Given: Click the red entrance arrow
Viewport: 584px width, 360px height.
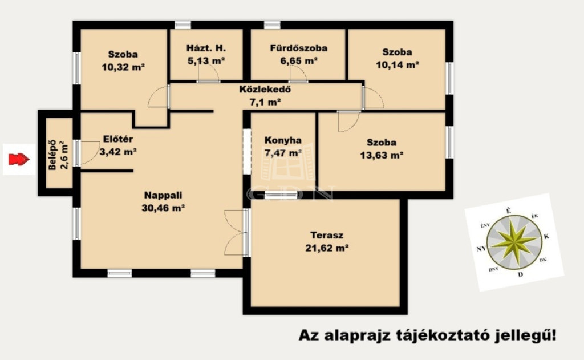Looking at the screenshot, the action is [19, 160].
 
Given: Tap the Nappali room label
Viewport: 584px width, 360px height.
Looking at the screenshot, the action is [163, 195].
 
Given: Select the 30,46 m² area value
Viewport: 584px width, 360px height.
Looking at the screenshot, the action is [163, 208].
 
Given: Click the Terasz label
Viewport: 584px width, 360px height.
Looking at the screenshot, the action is [327, 236].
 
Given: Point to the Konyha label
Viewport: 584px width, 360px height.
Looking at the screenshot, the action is [283, 140].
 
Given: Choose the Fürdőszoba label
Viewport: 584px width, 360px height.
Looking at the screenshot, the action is [299, 48].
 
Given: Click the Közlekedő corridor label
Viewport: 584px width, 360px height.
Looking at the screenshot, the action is [265, 90].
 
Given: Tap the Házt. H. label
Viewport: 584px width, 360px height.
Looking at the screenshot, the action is [206, 48].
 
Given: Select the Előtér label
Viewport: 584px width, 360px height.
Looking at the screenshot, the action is [118, 139].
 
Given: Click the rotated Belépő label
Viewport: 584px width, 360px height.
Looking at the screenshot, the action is [52, 155].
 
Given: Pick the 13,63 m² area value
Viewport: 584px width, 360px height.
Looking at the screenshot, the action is [382, 155].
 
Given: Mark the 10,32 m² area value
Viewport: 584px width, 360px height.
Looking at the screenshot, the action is [123, 67].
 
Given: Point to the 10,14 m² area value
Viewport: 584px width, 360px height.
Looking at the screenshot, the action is [398, 65].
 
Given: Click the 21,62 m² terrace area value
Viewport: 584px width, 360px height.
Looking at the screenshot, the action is [327, 248].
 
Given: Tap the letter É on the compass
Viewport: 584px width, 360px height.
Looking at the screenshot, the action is [508, 211].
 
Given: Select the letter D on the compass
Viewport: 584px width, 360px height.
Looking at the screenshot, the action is [520, 274].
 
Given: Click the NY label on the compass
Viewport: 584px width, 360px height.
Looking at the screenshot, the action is [481, 249].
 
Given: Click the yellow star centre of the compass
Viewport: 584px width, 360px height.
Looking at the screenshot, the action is [514, 242].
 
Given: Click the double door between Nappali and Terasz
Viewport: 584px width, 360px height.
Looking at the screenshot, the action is [246, 233].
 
